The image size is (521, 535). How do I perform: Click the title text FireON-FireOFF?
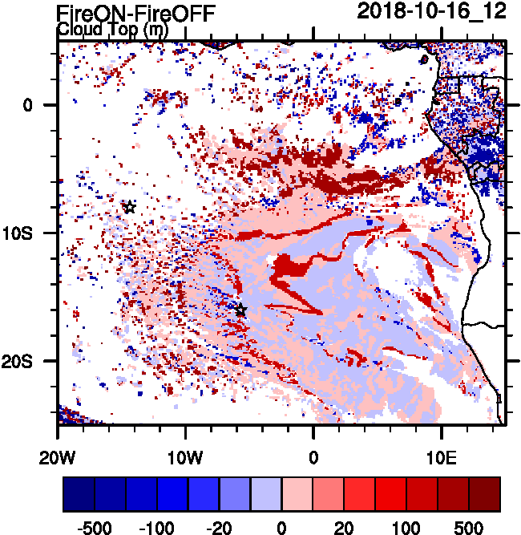(x=136, y=12)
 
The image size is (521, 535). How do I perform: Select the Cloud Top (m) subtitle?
(x=111, y=30)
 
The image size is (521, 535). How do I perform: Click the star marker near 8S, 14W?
(x=129, y=207)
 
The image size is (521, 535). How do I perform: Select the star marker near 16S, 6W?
(x=240, y=310)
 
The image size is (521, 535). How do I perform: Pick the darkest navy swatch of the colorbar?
(x=79, y=494)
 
